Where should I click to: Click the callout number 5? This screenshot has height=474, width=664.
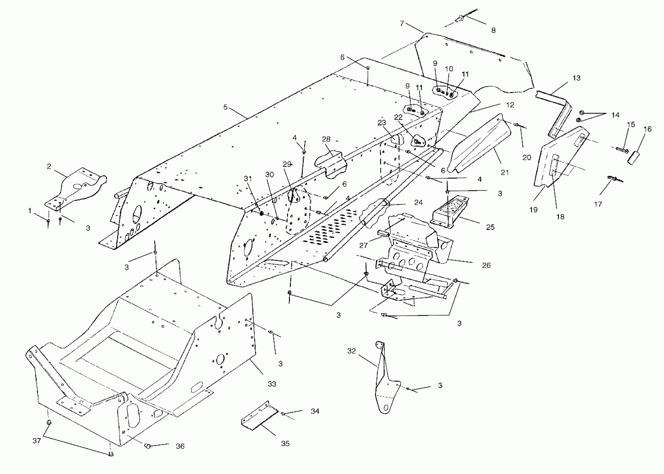coord(225,107)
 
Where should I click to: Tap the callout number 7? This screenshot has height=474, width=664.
coord(402,23)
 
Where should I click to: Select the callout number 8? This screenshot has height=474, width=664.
coord(493,30)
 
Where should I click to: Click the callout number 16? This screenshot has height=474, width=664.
coord(647,129)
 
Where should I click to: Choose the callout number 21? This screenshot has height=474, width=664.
coord(505,173)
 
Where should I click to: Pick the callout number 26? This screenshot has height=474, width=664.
coord(486,265)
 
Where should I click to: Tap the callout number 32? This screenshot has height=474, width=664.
coord(351,351)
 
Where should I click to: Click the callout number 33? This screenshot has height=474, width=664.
coord(272,384)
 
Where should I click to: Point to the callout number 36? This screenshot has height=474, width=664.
coord(180,446)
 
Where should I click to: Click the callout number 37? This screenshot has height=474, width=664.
coord(37,441)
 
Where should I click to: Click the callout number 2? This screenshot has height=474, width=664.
coord(49,166)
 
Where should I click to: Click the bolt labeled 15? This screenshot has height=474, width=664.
coord(622,150)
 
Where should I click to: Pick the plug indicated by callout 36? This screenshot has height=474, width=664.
coord(148,446)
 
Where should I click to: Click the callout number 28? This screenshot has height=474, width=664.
coord(326,139)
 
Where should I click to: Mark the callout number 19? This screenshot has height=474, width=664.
coord(533,210)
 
